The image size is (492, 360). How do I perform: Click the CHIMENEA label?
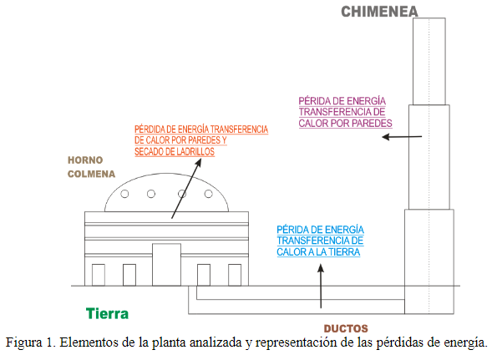[x=379, y=12]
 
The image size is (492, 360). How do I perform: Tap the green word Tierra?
[x=107, y=313]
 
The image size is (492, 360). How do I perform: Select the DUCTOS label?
[x=346, y=328]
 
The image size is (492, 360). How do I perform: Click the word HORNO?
[x=85, y=160]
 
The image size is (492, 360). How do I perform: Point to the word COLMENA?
[x=91, y=174]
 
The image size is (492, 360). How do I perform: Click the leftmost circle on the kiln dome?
[x=124, y=194]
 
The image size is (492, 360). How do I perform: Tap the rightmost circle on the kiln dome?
[x=209, y=194]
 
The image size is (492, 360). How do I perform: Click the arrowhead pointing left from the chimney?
[x=386, y=137]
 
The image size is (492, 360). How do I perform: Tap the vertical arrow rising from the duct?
[x=321, y=286]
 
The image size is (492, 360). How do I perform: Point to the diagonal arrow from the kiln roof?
[x=186, y=188]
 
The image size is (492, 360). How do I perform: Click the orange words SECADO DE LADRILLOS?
[x=175, y=151]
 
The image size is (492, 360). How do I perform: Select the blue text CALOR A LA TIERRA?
[x=318, y=252]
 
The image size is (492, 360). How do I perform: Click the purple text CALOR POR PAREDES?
[x=346, y=123]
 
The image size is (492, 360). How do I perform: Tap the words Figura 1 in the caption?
[x=30, y=342]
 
